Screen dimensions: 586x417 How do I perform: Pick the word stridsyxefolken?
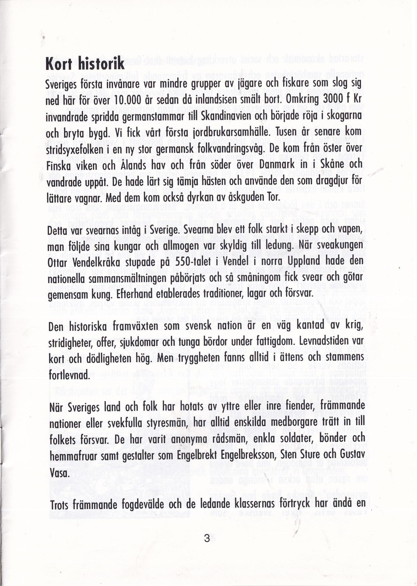pyautogui.click(x=72, y=150)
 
